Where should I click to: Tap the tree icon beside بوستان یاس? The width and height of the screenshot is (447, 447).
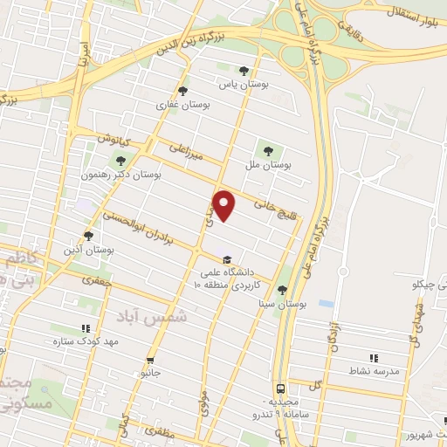click(x=244, y=72)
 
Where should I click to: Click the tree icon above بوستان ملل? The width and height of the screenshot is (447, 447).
click(x=266, y=147)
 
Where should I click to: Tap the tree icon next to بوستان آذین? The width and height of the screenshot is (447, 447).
click(x=88, y=235)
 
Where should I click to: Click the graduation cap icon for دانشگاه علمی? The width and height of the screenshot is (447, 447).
click(x=227, y=259)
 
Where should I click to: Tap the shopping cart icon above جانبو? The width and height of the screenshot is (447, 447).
click(x=152, y=360)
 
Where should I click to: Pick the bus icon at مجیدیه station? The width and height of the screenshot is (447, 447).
click(x=279, y=387)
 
